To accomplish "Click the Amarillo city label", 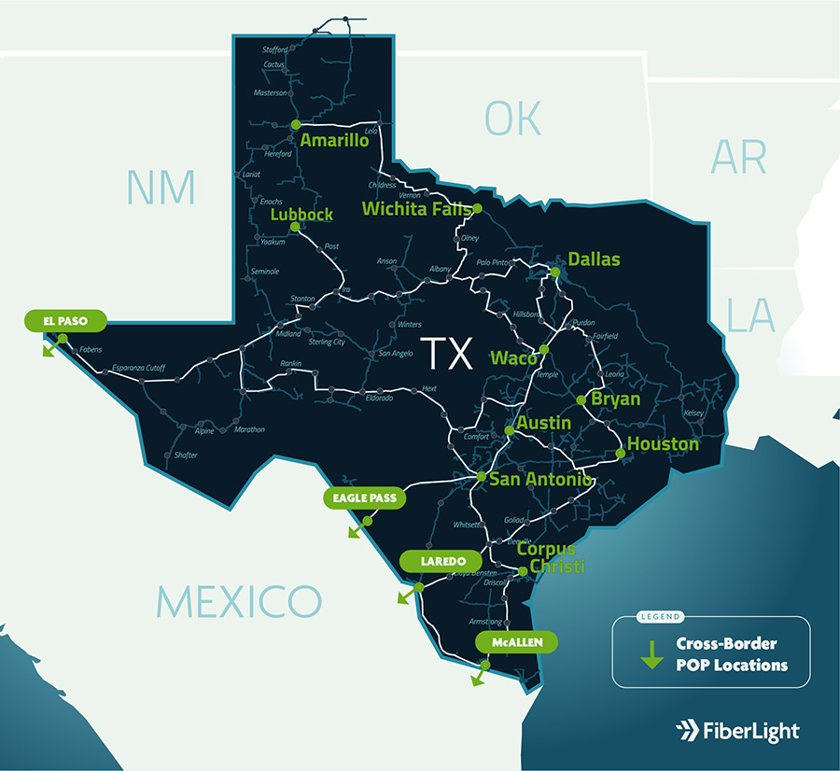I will tap(334, 141).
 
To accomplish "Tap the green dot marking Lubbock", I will tap(294, 227).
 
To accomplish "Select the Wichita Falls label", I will tap(416, 208).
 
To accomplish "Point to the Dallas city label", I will tap(594, 259).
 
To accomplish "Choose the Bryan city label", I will tap(615, 400).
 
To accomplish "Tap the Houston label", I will tap(663, 444).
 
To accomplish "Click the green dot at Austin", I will tap(509, 430).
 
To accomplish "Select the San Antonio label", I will tap(539, 479).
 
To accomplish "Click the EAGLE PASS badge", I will tap(365, 498).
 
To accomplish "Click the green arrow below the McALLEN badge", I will tap(481, 674).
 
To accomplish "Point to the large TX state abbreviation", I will tap(448, 355).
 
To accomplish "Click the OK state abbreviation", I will tap(512, 119).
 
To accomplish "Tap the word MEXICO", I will tap(238, 600).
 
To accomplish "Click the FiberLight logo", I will tap(736, 730).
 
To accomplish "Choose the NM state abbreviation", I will tap(161, 188).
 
